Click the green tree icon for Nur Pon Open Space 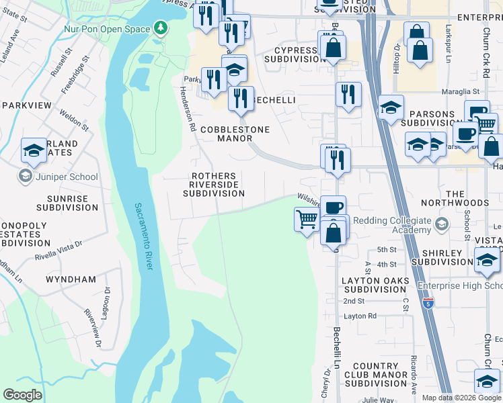(x=160, y=28)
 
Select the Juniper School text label (x=66, y=177)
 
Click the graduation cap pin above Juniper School (x=34, y=152)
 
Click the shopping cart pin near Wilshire (x=307, y=218)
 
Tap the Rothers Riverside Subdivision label (x=215, y=185)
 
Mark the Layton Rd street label (x=360, y=316)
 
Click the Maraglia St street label (x=459, y=91)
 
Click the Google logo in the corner (x=23, y=394)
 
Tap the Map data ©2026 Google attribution (x=461, y=398)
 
